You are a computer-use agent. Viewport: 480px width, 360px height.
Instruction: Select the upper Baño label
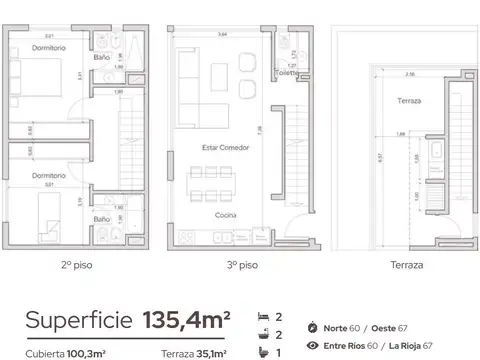(102, 57)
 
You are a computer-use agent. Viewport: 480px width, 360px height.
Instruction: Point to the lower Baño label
(102, 218)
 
